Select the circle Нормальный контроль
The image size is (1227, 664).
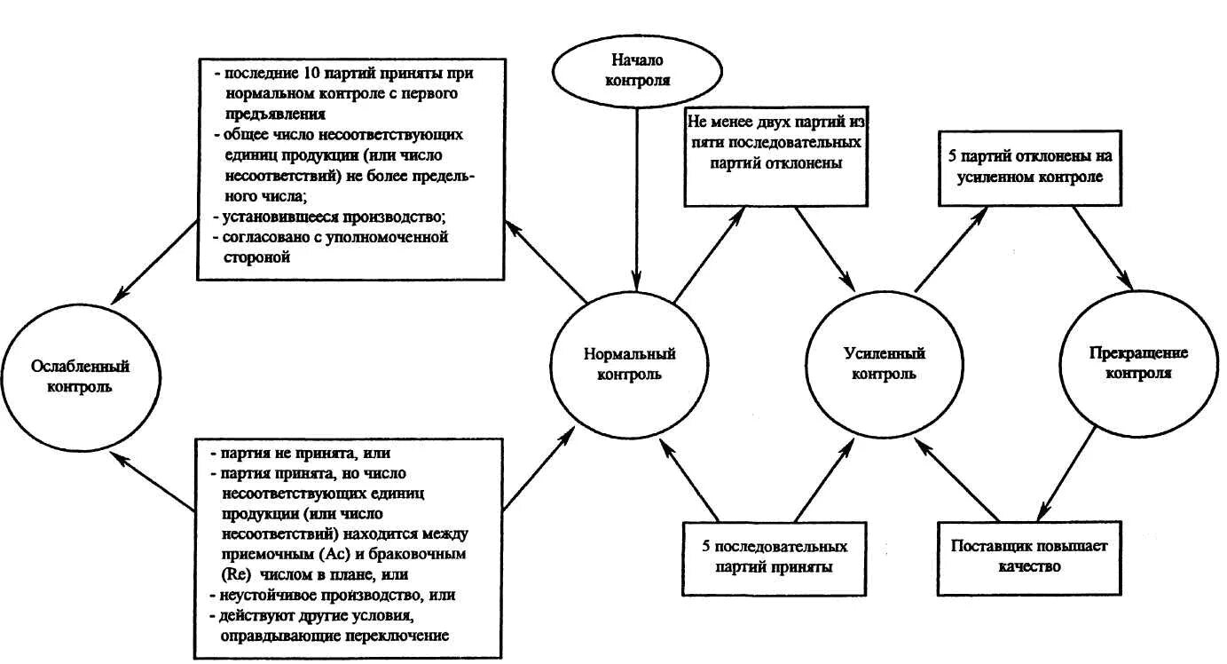click(629, 364)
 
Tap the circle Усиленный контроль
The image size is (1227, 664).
click(884, 364)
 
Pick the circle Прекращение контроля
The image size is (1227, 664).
click(1138, 363)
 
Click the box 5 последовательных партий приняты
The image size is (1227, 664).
click(775, 557)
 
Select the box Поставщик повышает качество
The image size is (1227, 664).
click(1029, 556)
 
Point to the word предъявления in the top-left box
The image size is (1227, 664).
click(274, 114)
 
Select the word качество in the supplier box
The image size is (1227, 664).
click(1029, 565)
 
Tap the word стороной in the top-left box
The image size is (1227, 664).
click(254, 257)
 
